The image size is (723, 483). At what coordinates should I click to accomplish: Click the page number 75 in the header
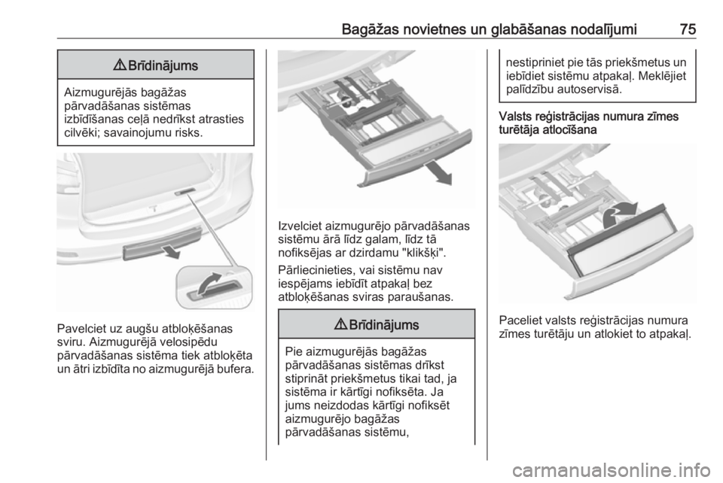point(688,29)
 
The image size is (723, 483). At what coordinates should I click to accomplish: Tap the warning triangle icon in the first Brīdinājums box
point(120,65)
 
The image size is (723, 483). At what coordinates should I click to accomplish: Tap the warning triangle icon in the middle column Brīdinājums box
point(340,324)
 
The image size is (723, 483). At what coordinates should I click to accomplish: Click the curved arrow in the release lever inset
point(211,284)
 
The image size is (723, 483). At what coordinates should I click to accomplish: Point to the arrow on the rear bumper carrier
point(169,251)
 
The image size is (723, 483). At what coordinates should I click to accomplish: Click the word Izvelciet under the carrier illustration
point(300,226)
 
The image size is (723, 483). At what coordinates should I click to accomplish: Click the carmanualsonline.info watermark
point(612,470)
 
